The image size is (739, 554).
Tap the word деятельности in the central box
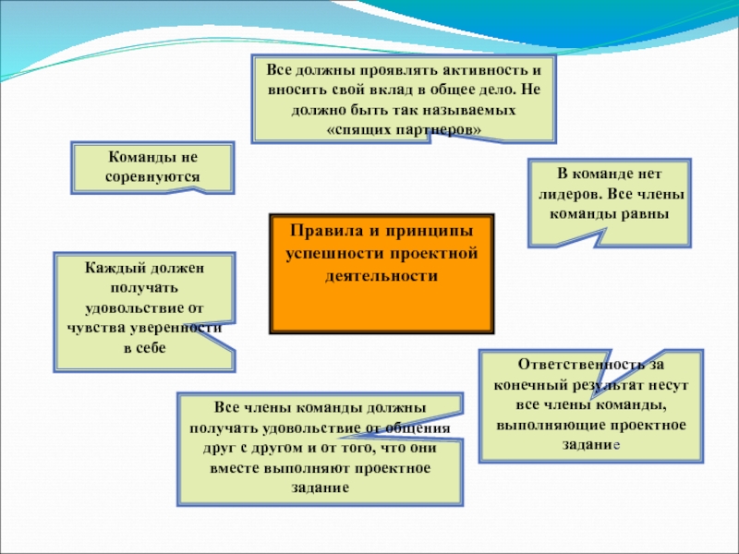(x=382, y=275)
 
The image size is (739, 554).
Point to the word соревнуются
(x=152, y=175)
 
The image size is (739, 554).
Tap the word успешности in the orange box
(x=331, y=252)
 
